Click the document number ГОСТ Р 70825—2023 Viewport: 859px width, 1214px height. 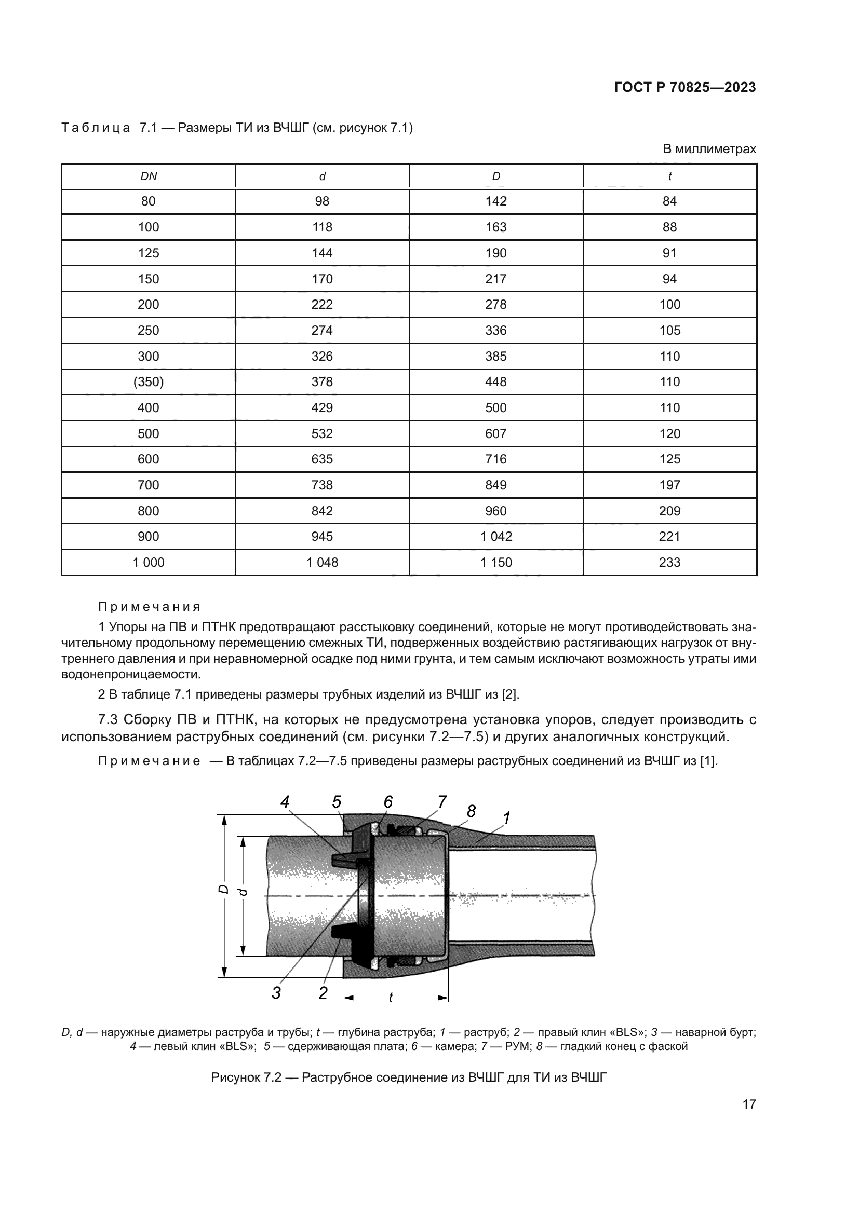point(684,88)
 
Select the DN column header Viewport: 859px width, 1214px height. point(149,176)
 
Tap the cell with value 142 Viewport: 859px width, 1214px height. point(495,201)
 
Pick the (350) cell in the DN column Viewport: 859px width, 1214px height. point(149,382)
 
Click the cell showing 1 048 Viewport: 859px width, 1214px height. point(322,563)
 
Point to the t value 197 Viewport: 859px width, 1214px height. point(669,485)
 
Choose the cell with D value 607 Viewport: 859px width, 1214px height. point(495,433)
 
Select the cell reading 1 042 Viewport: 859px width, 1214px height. point(495,537)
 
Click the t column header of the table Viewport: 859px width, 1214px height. point(669,176)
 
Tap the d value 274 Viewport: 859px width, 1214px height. point(322,331)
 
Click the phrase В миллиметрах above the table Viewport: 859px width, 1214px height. point(709,149)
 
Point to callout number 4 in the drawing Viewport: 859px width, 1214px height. point(285,802)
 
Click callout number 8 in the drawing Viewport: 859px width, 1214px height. point(471,811)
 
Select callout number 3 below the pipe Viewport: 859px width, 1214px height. point(276,993)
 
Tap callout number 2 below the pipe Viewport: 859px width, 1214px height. point(323,993)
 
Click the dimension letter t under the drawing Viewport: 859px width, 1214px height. point(391,997)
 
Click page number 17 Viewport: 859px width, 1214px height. point(749,1104)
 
